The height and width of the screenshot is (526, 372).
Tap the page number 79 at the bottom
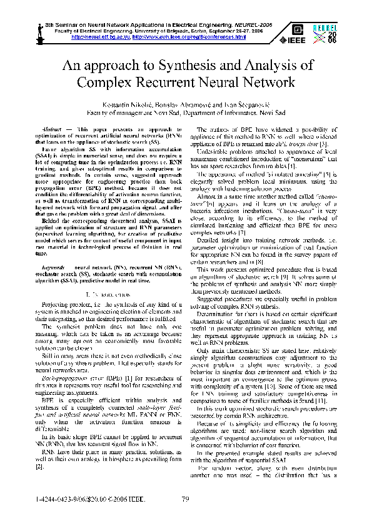pyautogui.click(x=185, y=498)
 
